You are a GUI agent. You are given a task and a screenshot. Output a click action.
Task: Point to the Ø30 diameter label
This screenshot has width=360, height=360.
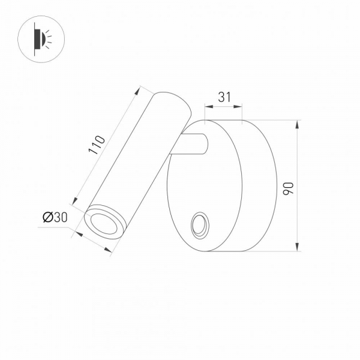pyautogui.click(x=55, y=218)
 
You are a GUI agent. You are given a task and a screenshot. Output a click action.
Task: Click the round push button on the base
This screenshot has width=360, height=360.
pyautogui.click(x=199, y=227)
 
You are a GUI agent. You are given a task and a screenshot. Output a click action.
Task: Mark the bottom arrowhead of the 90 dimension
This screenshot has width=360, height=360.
pyautogui.click(x=298, y=247)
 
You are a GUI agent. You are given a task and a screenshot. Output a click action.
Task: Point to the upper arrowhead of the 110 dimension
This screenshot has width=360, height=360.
pyautogui.click(x=143, y=89)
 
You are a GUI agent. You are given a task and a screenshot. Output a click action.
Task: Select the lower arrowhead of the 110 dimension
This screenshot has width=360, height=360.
pyautogui.click(x=76, y=202)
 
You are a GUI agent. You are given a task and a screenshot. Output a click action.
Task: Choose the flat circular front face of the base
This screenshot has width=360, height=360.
pyautogui.click(x=204, y=186)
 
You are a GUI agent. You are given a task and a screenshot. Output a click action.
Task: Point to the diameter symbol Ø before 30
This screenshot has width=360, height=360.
pyautogui.click(x=47, y=218)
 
